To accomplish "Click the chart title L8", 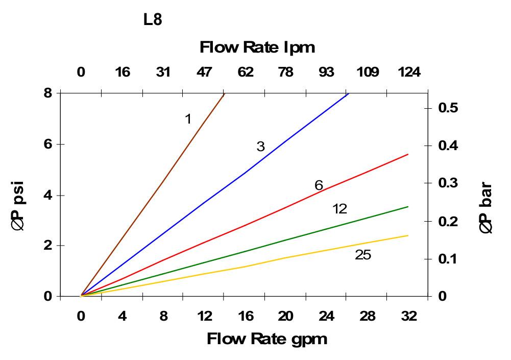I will click(x=153, y=21).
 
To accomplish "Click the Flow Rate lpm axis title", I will click(x=257, y=47).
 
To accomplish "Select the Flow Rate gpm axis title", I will click(x=266, y=339).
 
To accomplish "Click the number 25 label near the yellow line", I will click(x=363, y=254).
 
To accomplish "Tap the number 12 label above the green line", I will click(x=339, y=209).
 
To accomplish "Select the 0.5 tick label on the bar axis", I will click(x=448, y=108).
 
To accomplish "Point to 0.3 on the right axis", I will click(x=448, y=183).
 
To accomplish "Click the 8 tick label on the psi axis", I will click(x=47, y=93).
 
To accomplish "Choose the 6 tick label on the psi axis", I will click(x=47, y=144).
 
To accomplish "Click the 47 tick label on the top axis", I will click(x=204, y=72).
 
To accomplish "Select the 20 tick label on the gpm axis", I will click(x=286, y=316).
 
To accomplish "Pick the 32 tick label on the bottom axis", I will click(x=408, y=316).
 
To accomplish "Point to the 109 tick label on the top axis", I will click(x=368, y=72).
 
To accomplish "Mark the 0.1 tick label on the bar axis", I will click(x=448, y=259).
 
